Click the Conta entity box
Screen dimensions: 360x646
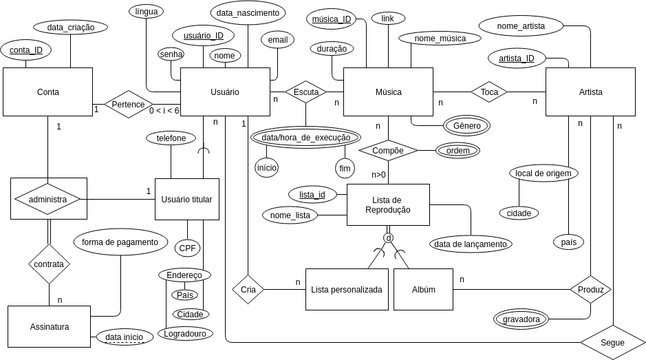click(47, 92)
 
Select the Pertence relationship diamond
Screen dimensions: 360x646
click(128, 105)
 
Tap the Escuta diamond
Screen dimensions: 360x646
click(305, 92)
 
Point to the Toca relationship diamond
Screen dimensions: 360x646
click(489, 92)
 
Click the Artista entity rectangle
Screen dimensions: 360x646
click(590, 92)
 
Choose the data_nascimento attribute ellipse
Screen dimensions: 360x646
click(248, 12)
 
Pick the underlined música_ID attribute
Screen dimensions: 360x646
click(332, 19)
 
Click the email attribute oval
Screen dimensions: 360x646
click(277, 40)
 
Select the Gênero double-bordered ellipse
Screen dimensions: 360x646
click(466, 125)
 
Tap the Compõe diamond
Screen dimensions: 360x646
click(388, 150)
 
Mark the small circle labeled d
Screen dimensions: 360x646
click(388, 237)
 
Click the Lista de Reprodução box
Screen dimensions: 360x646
click(388, 204)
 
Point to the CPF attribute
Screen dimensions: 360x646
click(187, 248)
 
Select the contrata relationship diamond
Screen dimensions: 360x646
click(49, 264)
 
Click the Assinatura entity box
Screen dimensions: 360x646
click(50, 326)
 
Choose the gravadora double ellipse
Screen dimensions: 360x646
click(521, 319)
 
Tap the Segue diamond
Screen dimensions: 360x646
click(612, 342)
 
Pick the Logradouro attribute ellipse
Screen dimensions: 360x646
click(185, 333)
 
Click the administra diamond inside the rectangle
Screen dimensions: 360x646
click(47, 199)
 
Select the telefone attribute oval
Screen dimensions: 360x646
click(171, 138)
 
